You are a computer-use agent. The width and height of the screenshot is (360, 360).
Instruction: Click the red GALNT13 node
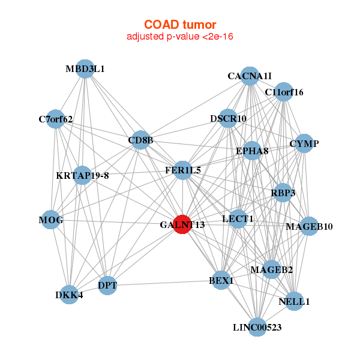(182, 224)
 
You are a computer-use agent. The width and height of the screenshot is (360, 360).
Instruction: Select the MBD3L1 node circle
(85, 69)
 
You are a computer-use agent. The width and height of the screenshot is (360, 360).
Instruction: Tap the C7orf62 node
(56, 119)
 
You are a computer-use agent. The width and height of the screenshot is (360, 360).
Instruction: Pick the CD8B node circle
(140, 140)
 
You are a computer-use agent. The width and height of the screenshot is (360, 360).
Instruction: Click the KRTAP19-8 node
(82, 175)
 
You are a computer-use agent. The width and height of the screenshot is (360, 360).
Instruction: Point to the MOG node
(51, 220)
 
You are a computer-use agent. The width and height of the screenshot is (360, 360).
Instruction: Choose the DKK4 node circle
(69, 295)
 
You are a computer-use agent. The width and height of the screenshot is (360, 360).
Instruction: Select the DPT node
(107, 286)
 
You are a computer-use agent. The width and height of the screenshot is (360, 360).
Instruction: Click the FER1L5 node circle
(183, 170)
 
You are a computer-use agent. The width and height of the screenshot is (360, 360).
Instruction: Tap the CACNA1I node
(250, 76)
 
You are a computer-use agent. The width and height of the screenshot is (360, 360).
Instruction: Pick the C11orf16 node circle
(284, 92)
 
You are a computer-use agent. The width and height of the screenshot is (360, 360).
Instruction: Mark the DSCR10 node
(228, 118)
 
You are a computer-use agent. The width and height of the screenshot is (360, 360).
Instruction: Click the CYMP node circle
(304, 143)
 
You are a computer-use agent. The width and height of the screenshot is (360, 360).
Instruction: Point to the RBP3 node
(283, 193)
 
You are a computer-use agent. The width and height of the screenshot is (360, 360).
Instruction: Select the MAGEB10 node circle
(309, 226)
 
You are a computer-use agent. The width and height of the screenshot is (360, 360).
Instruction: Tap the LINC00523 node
(257, 327)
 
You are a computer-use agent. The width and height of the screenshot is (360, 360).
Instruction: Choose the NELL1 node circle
(294, 301)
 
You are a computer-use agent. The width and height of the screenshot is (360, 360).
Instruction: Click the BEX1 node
(221, 280)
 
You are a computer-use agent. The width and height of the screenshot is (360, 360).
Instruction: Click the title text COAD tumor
(180, 25)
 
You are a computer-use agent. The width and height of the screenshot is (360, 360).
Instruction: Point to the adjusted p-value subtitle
(180, 37)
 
